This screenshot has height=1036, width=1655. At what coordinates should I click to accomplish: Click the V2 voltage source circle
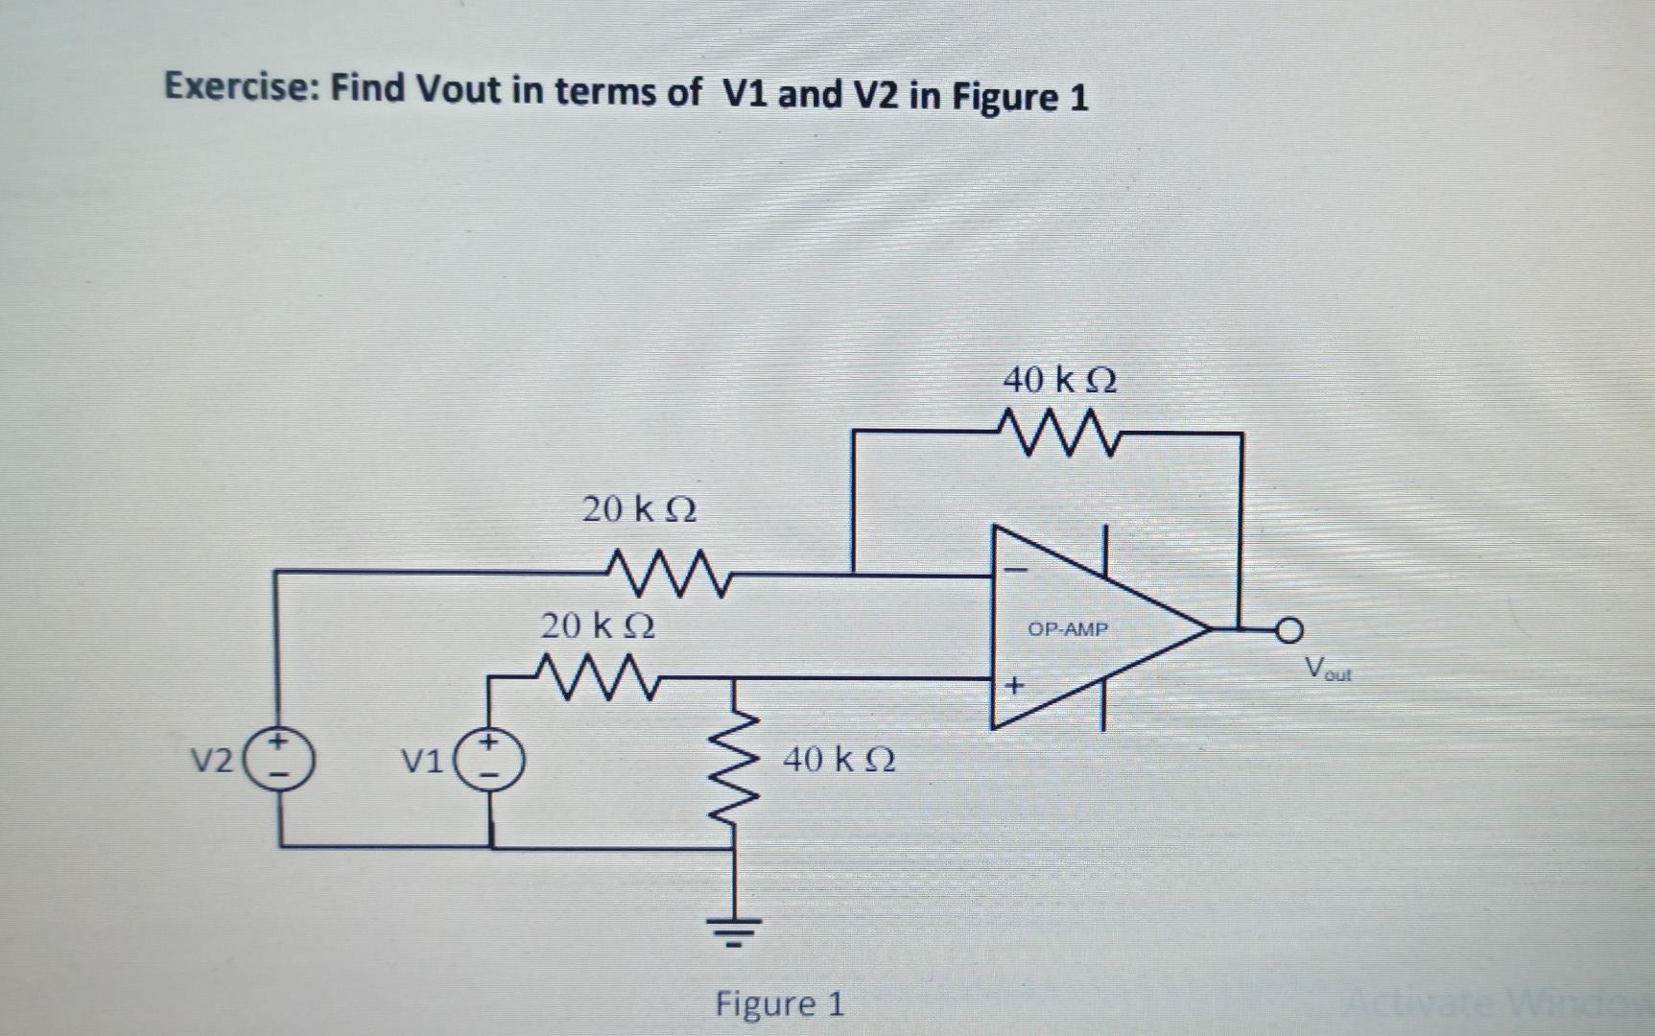click(x=280, y=759)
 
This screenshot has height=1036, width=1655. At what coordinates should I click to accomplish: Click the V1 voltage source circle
click(x=491, y=760)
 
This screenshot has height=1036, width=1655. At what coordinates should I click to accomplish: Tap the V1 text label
click(x=422, y=763)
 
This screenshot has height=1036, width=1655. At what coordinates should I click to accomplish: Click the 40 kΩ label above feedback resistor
click(x=1060, y=381)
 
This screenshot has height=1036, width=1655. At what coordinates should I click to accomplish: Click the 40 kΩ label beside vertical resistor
click(x=839, y=761)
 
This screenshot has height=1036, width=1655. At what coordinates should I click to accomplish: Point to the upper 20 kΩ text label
click(x=640, y=508)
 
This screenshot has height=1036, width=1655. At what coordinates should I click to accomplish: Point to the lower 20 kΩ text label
click(x=598, y=626)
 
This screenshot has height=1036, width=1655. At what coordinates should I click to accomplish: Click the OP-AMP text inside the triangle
click(x=1067, y=630)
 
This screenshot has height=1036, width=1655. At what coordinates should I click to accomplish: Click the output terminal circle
click(x=1290, y=629)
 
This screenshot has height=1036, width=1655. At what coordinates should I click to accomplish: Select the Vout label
click(x=1328, y=669)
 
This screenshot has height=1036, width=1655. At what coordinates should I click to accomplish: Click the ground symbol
click(x=736, y=929)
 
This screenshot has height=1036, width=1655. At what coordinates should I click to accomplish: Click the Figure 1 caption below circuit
click(x=779, y=1004)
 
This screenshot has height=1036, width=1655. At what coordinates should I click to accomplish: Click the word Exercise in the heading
click(x=242, y=88)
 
